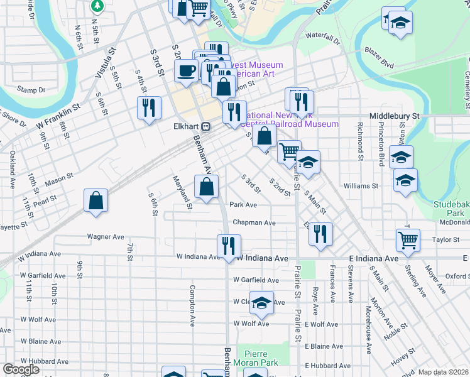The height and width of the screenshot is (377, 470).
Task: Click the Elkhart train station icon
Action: (x=205, y=125)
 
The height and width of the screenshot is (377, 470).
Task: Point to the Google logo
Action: (x=21, y=369)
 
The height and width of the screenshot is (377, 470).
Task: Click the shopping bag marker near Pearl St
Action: (x=95, y=201)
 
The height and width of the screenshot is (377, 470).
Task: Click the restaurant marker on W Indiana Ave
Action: (x=228, y=246)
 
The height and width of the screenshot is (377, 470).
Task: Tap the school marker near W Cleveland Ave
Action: (x=261, y=303)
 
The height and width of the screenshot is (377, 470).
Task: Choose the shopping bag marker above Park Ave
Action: (x=207, y=187)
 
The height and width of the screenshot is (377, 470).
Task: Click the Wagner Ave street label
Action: (x=106, y=237)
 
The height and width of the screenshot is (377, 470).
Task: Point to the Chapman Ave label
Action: (x=254, y=222)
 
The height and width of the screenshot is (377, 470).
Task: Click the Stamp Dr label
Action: (x=31, y=90)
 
